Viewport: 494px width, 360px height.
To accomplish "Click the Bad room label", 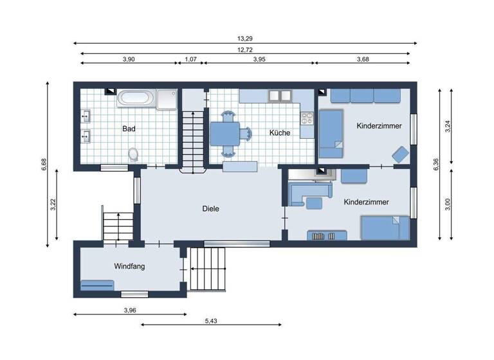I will pyautogui.click(x=129, y=129).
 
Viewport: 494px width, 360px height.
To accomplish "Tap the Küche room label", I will pyautogui.click(x=280, y=133).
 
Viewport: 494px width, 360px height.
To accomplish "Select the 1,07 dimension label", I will pyautogui.click(x=190, y=59).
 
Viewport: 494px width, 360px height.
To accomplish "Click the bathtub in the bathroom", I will pyautogui.click(x=136, y=98).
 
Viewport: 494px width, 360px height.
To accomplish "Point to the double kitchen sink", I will pyautogui.click(x=280, y=96).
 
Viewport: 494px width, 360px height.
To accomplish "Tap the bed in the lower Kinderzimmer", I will pyautogui.click(x=384, y=227).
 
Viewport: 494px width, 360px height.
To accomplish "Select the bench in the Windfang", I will pyautogui.click(x=97, y=284).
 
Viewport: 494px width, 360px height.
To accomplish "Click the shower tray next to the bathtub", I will pyautogui.click(x=167, y=98).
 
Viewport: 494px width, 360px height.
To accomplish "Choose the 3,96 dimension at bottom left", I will pyautogui.click(x=129, y=310).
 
